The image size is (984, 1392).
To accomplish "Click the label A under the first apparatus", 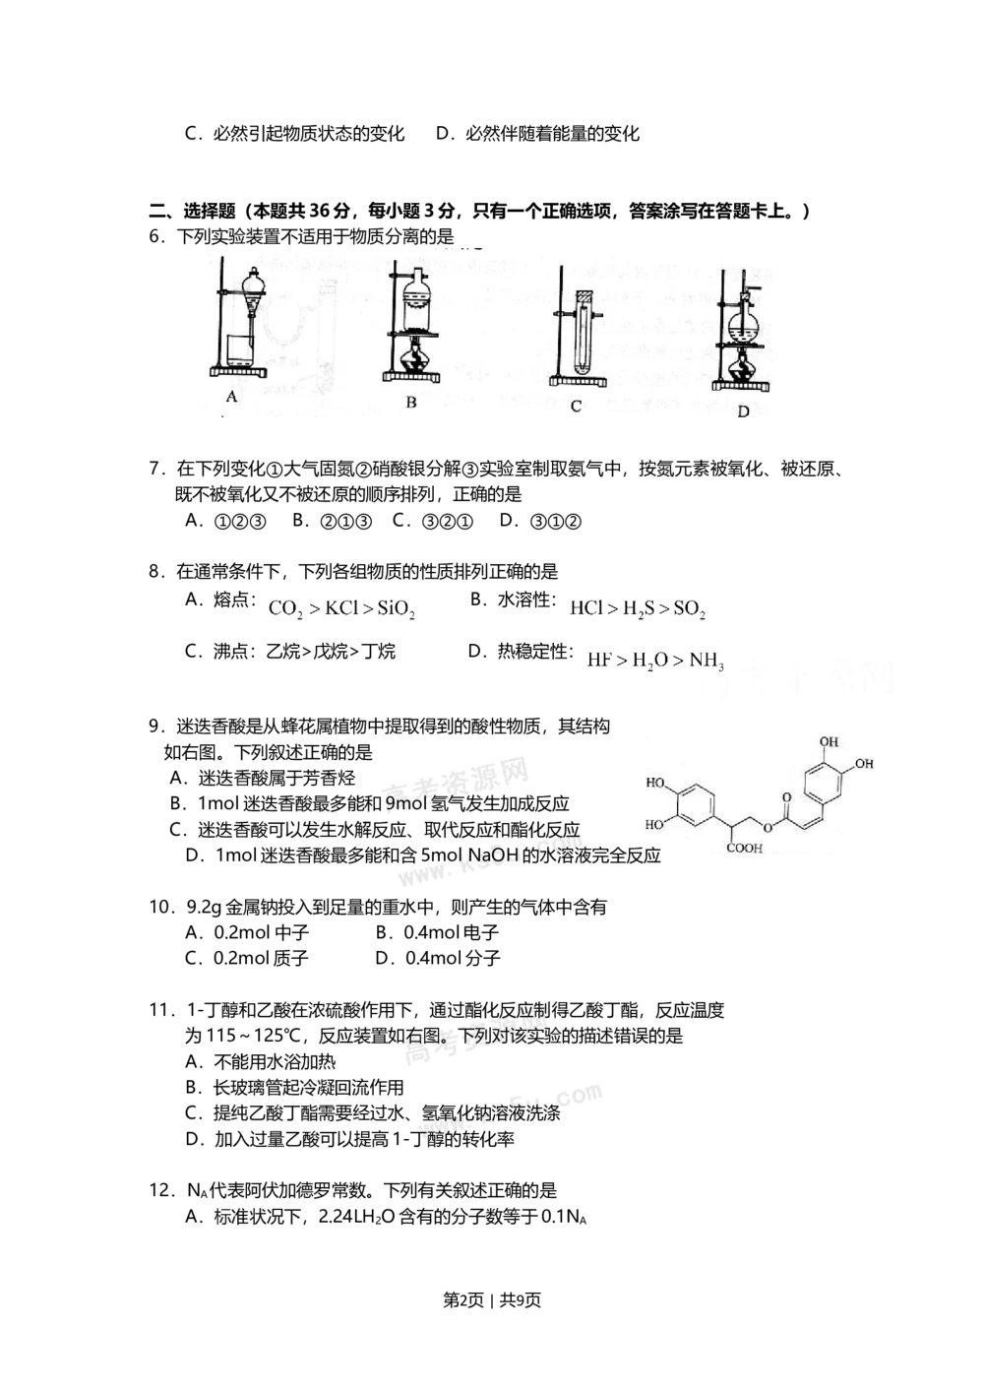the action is (x=231, y=396).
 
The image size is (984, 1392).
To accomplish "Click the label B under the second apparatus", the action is (x=411, y=402).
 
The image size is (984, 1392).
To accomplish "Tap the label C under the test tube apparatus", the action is (x=576, y=407).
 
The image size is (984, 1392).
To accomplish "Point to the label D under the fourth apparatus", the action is (x=743, y=411).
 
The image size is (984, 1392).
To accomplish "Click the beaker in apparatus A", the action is (x=240, y=350).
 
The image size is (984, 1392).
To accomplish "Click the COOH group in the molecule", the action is (x=744, y=849).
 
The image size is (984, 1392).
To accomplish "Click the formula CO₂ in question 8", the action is (x=285, y=609).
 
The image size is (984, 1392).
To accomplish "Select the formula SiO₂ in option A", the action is (x=396, y=609).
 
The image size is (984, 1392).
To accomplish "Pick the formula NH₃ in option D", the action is (x=707, y=661).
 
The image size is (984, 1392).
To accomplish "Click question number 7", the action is (x=155, y=469).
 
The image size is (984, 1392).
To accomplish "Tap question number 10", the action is (x=159, y=908).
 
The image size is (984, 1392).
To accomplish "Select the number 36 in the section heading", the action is (x=319, y=212).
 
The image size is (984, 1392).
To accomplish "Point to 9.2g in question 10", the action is (x=205, y=908).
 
